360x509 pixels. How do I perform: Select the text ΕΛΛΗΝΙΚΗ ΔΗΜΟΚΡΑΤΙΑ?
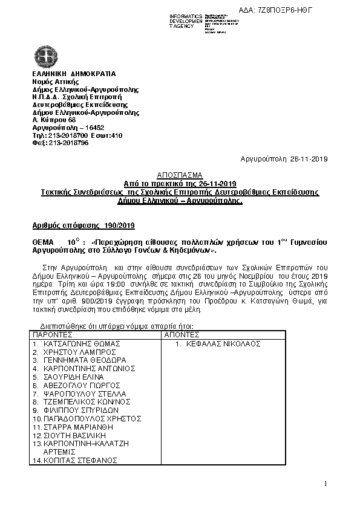tap(74, 74)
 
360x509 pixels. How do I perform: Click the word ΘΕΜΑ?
tap(44, 241)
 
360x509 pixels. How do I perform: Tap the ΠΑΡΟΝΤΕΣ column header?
tap(53, 334)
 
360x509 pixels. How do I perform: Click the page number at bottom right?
tap(325, 483)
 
